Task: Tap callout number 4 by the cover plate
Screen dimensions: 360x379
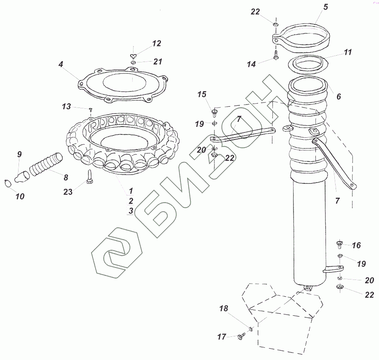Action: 61,64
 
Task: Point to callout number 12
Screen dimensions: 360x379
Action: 157,43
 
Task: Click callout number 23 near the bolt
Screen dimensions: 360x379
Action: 68,192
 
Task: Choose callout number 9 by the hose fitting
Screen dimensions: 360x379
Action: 19,154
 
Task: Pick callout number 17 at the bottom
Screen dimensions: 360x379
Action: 222,337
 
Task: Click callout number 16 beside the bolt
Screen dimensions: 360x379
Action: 356,245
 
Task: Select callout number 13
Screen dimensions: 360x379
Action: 67,107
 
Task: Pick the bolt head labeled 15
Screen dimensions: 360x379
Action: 214,113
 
